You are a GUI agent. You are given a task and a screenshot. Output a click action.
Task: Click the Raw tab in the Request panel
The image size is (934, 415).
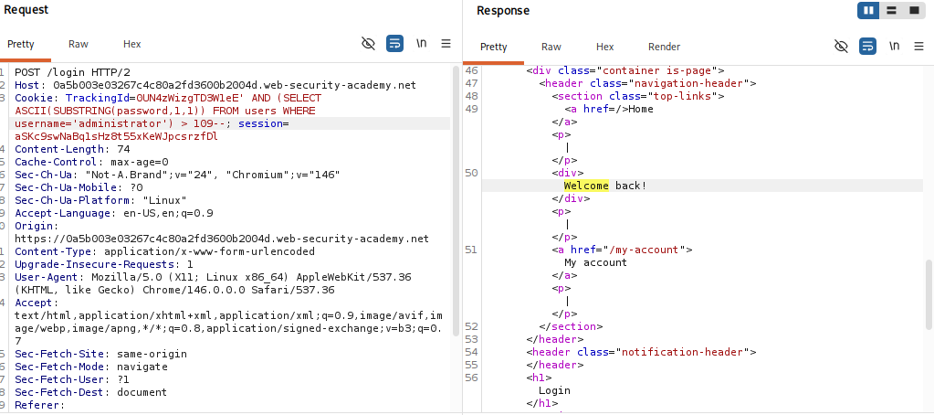(78, 44)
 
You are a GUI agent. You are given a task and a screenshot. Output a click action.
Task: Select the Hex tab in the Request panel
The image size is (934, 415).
(132, 44)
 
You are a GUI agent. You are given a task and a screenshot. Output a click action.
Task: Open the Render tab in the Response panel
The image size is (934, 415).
(664, 47)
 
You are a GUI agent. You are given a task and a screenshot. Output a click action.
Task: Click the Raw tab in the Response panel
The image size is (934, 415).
(551, 47)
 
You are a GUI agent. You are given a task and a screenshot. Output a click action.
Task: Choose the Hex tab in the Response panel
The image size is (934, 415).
(604, 47)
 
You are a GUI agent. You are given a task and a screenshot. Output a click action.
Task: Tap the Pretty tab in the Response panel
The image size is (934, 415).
(493, 47)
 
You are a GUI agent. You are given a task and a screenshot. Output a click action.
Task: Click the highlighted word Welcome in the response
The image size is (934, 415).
(586, 186)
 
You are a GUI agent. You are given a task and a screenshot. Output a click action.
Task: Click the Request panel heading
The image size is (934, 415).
(26, 10)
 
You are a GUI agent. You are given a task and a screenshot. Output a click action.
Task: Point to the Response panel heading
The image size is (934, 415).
(503, 11)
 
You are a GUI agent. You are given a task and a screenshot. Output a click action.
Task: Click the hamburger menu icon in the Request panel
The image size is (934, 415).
(446, 44)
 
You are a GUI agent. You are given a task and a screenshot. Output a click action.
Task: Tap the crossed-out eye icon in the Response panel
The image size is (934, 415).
(841, 46)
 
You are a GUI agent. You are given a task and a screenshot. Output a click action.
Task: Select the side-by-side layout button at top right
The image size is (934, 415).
(868, 11)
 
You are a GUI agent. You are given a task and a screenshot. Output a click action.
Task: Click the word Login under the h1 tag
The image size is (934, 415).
(554, 390)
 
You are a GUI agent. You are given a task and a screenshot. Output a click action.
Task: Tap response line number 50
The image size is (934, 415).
(471, 173)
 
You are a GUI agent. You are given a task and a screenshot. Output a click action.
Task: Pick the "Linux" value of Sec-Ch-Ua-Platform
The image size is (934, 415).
(165, 200)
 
